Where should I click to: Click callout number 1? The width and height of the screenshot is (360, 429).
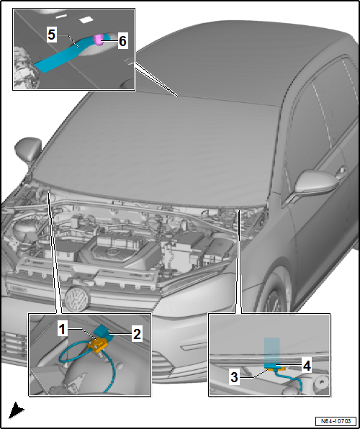[62, 329]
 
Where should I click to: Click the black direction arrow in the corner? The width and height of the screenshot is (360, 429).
[16, 411]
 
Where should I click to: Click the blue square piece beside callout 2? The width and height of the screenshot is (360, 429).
[105, 330]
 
